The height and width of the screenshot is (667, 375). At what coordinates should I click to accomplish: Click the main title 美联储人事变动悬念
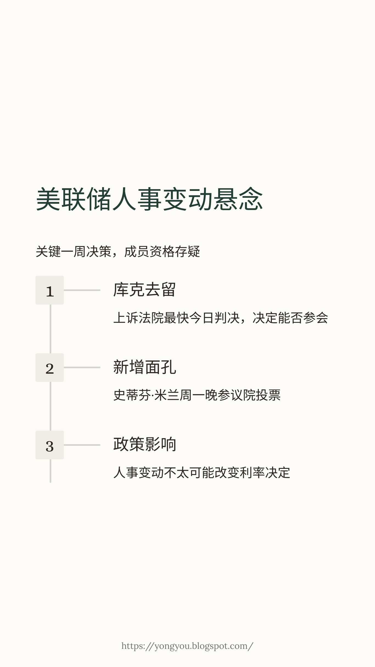click(149, 199)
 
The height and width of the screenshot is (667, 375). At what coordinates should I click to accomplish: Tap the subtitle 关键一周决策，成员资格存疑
click(118, 252)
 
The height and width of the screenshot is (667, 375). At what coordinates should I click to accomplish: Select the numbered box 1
click(50, 290)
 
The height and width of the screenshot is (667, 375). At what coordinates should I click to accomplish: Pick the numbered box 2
click(50, 368)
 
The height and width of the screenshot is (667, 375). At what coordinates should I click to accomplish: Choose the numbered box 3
click(50, 445)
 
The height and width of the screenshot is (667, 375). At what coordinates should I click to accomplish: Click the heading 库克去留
click(144, 290)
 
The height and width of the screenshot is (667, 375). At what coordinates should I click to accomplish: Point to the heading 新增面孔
click(144, 367)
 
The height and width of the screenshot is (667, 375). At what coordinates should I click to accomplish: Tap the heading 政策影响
click(144, 444)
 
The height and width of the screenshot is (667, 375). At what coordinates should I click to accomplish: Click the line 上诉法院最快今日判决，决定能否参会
click(221, 318)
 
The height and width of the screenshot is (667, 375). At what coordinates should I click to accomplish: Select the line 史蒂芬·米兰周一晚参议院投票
click(197, 395)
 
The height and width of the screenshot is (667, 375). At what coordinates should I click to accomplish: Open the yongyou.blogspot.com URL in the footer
click(187, 646)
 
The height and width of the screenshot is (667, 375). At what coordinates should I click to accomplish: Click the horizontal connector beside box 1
click(82, 290)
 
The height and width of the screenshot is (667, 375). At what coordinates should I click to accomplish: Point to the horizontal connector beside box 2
click(82, 368)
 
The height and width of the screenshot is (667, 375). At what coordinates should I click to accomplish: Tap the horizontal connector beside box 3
click(82, 445)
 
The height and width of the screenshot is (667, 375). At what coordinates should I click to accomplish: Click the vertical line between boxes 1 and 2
click(50, 329)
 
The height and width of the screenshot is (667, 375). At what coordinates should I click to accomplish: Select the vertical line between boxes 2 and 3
click(50, 406)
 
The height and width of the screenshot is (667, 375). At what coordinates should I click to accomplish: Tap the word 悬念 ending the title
click(238, 199)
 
